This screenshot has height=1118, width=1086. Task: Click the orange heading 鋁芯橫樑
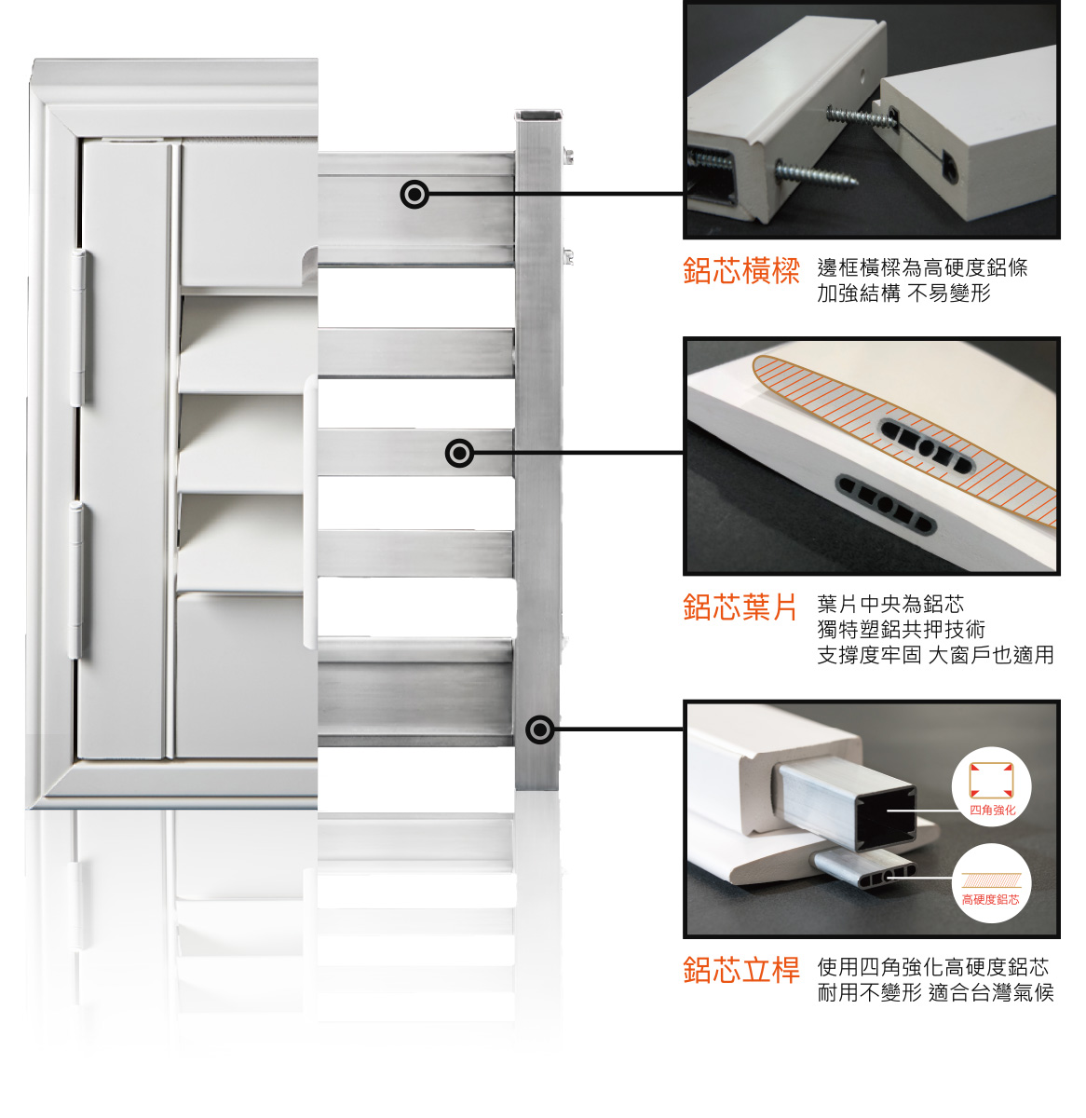pyautogui.click(x=740, y=270)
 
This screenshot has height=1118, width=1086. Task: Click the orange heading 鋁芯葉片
pyautogui.click(x=740, y=607)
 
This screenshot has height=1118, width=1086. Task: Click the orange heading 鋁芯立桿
pyautogui.click(x=740, y=970)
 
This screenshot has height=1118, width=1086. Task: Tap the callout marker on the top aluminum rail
pyautogui.click(x=414, y=194)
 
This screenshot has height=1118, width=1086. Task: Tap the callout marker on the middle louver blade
pyautogui.click(x=459, y=454)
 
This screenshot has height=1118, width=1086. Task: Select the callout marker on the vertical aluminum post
pyautogui.click(x=539, y=730)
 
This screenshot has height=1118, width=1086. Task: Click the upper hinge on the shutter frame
pyautogui.click(x=78, y=327)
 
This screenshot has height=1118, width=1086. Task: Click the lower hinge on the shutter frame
pyautogui.click(x=75, y=579)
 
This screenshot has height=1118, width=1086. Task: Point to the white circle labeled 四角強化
pyautogui.click(x=991, y=786)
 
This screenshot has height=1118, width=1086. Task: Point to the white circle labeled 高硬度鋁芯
pyautogui.click(x=991, y=883)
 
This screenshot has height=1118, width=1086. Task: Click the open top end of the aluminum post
pyautogui.click(x=538, y=116)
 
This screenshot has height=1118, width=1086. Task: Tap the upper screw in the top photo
pyautogui.click(x=860, y=116)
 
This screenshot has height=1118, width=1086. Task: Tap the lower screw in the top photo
pyautogui.click(x=816, y=174)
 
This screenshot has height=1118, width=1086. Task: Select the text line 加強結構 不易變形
pyautogui.click(x=904, y=293)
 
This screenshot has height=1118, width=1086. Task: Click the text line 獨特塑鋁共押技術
pyautogui.click(x=901, y=630)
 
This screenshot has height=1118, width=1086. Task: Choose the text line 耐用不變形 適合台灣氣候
pyautogui.click(x=935, y=993)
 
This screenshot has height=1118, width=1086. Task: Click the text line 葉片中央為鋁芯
pyautogui.click(x=890, y=605)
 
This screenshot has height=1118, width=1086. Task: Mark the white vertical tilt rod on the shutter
pyautogui.click(x=310, y=511)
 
